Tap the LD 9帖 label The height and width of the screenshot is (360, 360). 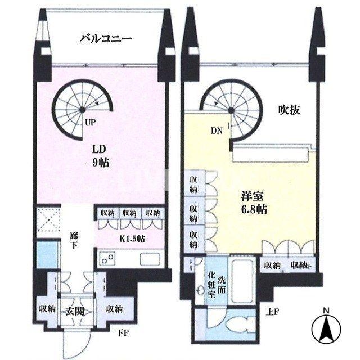pyautogui.click(x=101, y=156)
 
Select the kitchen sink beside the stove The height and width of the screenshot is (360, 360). pyautogui.click(x=149, y=259)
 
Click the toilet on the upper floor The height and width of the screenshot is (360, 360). pyautogui.click(x=236, y=326)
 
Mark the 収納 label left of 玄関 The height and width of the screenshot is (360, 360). pyautogui.click(x=47, y=309)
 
